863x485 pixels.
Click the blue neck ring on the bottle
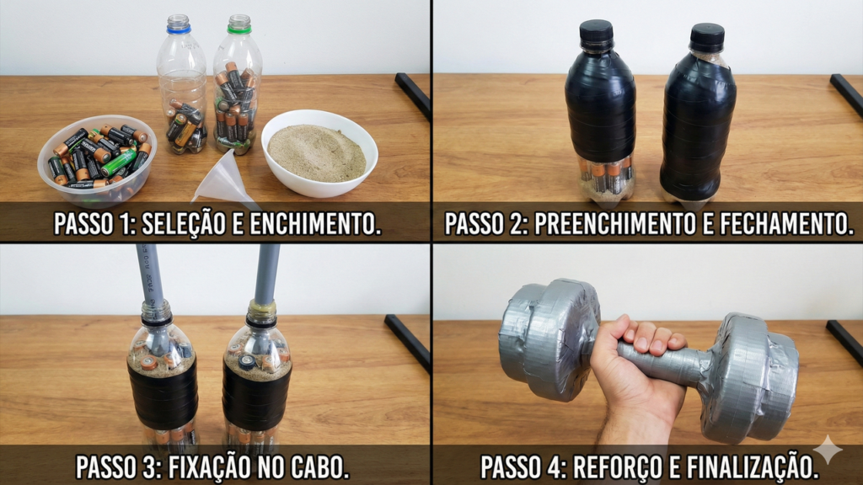179,29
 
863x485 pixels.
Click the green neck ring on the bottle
239,29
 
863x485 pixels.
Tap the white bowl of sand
318,152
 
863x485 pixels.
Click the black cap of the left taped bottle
596,33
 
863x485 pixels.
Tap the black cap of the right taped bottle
707,37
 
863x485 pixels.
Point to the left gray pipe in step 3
151,274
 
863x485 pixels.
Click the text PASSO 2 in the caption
484,224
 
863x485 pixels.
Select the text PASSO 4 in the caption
517,466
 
